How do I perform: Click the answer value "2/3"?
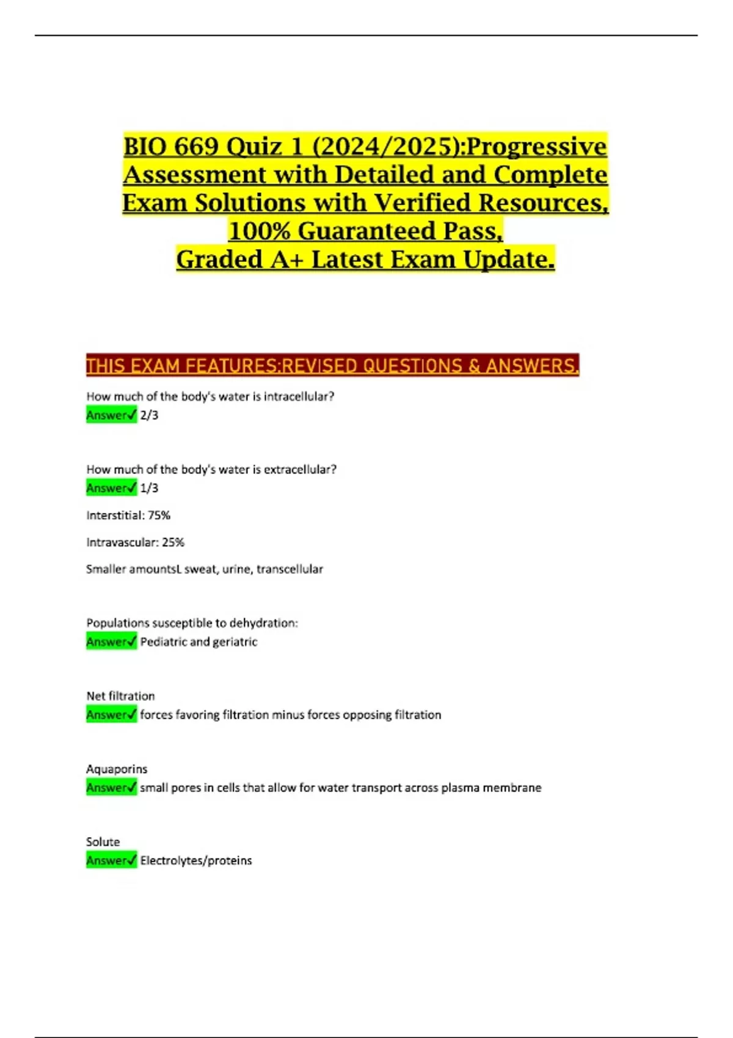[x=149, y=415]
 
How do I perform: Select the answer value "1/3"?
[x=149, y=488]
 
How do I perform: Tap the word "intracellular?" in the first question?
[x=299, y=396]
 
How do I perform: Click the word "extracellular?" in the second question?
[x=300, y=470]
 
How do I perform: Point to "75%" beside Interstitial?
[x=159, y=515]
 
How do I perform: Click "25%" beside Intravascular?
[x=173, y=542]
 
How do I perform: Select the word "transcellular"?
[x=290, y=569]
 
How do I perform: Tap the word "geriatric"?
[x=235, y=642]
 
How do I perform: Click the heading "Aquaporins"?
[x=117, y=769]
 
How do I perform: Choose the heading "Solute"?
[x=103, y=841]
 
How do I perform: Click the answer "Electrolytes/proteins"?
[x=196, y=860]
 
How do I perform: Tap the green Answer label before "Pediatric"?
[x=111, y=642]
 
